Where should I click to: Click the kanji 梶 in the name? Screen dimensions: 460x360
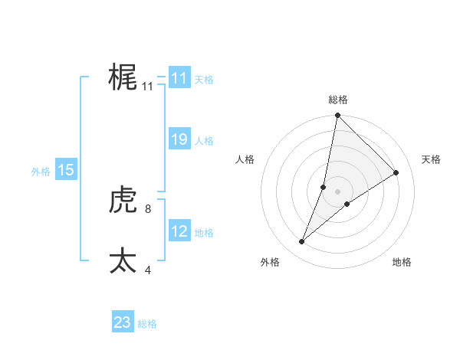[x=123, y=77]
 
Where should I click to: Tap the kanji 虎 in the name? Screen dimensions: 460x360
[x=123, y=201]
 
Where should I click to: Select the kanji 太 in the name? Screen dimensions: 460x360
[x=123, y=260]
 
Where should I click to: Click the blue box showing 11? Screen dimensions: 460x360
[x=179, y=78]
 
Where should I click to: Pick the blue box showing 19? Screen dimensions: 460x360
[x=179, y=139]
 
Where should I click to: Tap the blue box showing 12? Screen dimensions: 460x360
[x=179, y=231]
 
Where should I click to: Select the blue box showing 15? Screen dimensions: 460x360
[x=66, y=170]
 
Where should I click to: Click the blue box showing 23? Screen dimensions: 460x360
[x=123, y=322]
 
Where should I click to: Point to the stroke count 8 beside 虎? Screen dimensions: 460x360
[x=148, y=208]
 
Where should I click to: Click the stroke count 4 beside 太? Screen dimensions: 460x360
[x=148, y=269]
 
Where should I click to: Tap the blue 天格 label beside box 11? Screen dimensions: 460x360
[x=204, y=80]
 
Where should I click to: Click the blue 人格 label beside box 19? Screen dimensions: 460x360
[x=204, y=141]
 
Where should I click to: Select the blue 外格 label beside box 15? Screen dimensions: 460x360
[x=41, y=172]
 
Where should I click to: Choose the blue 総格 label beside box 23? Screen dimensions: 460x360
[x=147, y=324]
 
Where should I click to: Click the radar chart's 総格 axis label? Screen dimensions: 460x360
[x=338, y=100]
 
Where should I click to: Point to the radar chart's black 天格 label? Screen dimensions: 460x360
[x=432, y=159]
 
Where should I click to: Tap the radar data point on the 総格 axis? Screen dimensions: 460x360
[x=338, y=116]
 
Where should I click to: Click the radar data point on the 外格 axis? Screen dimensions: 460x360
[x=302, y=242]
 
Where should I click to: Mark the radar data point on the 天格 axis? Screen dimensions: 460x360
[x=396, y=172]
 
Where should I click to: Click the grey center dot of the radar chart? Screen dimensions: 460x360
[x=338, y=191]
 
